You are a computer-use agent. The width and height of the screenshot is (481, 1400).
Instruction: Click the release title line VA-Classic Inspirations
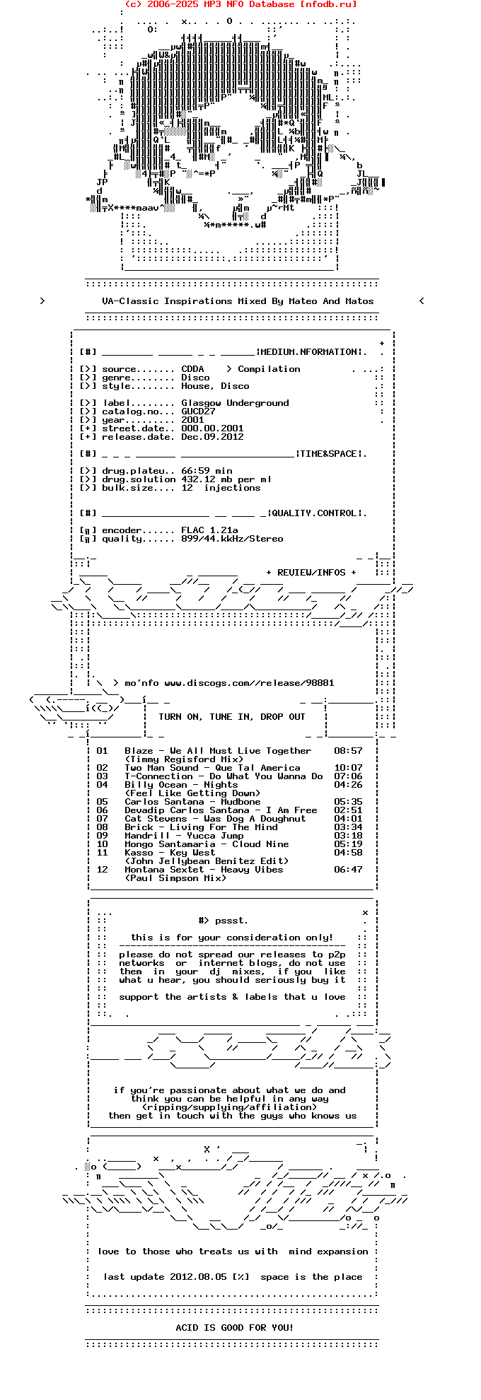click(238, 301)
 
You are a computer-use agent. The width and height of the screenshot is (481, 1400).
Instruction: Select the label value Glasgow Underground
click(235, 403)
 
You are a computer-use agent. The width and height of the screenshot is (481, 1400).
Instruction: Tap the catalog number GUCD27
click(198, 412)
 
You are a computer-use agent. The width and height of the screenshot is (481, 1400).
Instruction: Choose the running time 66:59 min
click(207, 471)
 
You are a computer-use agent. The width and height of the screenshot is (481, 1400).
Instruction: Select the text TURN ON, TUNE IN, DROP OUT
click(232, 717)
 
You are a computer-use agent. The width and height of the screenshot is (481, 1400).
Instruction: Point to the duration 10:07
click(348, 768)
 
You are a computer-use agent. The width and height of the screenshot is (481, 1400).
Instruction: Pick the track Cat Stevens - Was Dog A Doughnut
click(215, 819)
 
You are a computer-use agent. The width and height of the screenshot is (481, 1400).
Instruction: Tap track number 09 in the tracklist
click(103, 836)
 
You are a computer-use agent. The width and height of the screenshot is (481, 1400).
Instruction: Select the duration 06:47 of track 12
click(348, 870)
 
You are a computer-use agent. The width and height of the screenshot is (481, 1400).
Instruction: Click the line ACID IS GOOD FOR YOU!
click(234, 1328)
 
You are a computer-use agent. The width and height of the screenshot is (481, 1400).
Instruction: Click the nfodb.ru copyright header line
click(240, 4)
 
